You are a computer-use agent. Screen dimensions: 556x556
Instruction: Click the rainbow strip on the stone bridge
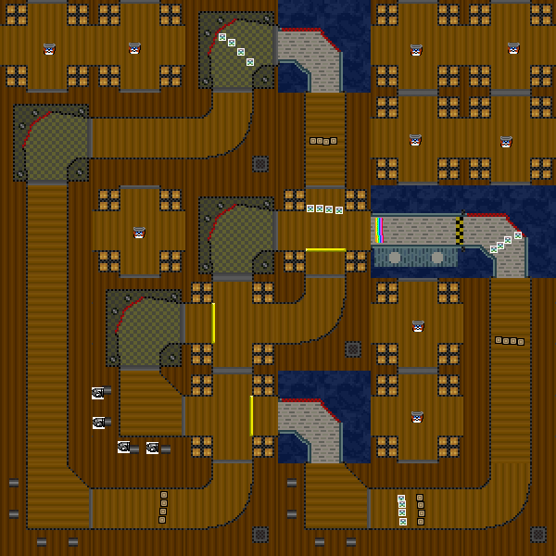380,230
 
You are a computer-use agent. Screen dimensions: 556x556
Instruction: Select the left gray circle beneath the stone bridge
394,257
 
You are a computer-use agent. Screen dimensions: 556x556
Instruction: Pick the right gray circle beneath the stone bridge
433,257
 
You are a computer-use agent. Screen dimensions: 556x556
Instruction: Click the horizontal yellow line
325,249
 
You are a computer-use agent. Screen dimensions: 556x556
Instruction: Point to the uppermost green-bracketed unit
97,393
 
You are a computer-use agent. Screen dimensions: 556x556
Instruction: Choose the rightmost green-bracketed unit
153,449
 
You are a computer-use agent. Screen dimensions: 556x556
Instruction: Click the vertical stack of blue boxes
402,510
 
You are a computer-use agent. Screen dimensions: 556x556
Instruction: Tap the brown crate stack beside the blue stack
421,509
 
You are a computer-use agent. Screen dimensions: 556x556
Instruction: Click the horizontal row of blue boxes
324,209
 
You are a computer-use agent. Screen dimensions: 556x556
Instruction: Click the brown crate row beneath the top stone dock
322,141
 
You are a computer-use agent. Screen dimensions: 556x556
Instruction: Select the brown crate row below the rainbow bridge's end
509,341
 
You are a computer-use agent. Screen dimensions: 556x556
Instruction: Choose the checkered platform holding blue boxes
236,51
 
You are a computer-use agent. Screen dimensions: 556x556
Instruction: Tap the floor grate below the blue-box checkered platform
260,164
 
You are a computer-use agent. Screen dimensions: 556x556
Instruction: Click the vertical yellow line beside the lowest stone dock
251,415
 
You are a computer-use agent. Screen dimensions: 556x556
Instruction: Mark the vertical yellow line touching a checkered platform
213,322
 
